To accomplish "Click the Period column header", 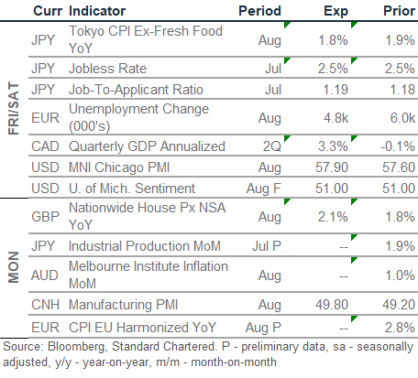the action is click(259, 11).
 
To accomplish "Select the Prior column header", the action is click(399, 11).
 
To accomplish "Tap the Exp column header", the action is click(335, 11).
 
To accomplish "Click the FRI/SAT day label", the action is click(14, 108).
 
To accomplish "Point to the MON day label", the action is click(14, 267).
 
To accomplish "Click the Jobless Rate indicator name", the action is click(107, 69).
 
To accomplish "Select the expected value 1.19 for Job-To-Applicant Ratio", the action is click(335, 90).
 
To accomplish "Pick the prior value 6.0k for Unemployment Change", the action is click(402, 118).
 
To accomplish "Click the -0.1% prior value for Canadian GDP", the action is click(398, 146).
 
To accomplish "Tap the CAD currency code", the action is click(45, 146).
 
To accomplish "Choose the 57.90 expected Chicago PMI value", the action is click(332, 167).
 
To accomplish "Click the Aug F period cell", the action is click(263, 189).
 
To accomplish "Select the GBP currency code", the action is click(45, 217).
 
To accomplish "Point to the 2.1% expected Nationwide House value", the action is click(333, 217).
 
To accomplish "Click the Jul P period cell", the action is click(267, 246).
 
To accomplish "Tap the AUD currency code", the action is click(45, 275).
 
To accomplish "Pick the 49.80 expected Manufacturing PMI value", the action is click(332, 305).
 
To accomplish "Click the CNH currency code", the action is click(45, 305).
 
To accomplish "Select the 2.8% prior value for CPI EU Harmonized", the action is click(400, 328).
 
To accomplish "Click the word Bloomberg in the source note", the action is click(77, 347).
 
